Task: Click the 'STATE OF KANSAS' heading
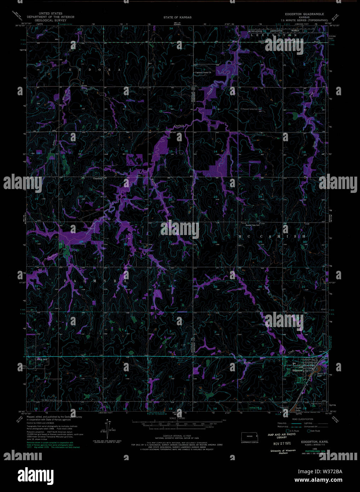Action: [x=177, y=17]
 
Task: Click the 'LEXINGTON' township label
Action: [x=274, y=35]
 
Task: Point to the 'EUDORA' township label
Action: [x=95, y=70]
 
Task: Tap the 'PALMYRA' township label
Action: [x=95, y=280]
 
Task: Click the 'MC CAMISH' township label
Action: [x=272, y=236]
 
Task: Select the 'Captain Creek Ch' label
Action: [x=203, y=73]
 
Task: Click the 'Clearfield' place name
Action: [x=97, y=178]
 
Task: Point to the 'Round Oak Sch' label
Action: [x=258, y=225]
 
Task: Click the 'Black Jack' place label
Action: [x=42, y=359]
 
